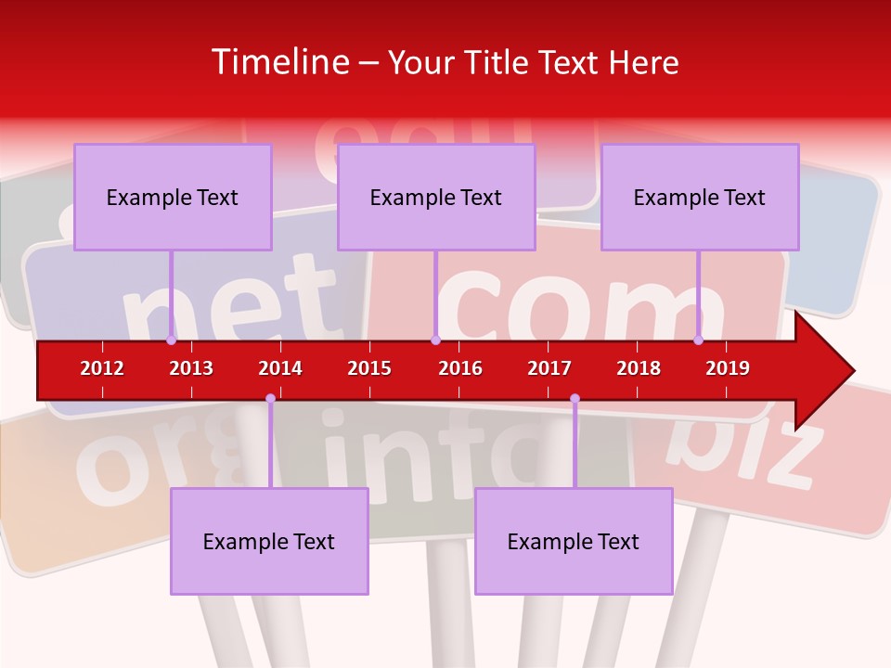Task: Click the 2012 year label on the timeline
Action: point(102,368)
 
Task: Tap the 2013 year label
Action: point(191,368)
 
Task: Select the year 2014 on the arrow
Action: point(280,368)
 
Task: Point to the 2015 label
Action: point(369,368)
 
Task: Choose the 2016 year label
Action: point(460,368)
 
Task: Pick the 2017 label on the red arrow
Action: point(549,368)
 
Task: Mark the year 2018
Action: point(639,368)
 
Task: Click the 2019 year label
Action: point(728,368)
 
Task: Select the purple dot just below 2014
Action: point(270,399)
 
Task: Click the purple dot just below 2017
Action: point(575,399)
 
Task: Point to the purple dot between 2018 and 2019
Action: point(699,340)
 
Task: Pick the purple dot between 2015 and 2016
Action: point(435,340)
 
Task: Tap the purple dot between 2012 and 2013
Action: point(172,340)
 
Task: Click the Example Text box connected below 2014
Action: point(269,541)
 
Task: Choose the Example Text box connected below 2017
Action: point(574,541)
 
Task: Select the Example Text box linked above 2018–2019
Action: point(700,197)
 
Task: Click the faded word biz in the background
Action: point(747,450)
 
